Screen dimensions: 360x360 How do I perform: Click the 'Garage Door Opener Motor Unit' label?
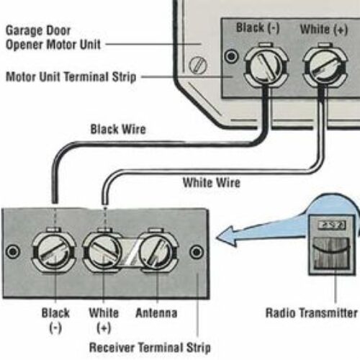tap(53, 37)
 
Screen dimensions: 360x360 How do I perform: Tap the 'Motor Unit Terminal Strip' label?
tap(71, 77)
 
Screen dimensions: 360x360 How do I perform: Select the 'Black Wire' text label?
tap(118, 130)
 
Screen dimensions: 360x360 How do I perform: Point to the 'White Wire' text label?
tap(212, 182)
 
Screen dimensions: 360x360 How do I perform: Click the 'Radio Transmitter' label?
tap(312, 313)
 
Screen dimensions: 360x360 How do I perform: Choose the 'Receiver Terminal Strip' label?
tap(150, 348)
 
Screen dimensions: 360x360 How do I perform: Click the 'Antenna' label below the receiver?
tap(156, 313)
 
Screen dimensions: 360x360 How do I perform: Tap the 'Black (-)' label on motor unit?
tap(258, 28)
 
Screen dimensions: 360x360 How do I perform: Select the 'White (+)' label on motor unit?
tap(324, 30)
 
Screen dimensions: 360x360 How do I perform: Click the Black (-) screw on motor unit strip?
tap(266, 66)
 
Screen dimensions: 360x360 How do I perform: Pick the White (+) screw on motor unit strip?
tap(325, 66)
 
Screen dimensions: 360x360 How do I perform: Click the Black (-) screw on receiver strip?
tap(54, 251)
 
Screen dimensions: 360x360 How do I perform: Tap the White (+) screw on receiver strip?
tap(103, 251)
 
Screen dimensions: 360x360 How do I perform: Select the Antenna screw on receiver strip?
tap(156, 251)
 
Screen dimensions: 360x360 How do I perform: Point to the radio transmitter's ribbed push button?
tap(331, 253)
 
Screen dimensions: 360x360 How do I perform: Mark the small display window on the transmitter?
tap(332, 225)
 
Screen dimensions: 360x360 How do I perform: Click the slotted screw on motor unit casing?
tap(198, 66)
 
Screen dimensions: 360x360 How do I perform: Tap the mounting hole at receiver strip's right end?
tap(197, 252)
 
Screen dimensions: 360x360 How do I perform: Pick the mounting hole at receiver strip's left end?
tap(13, 251)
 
